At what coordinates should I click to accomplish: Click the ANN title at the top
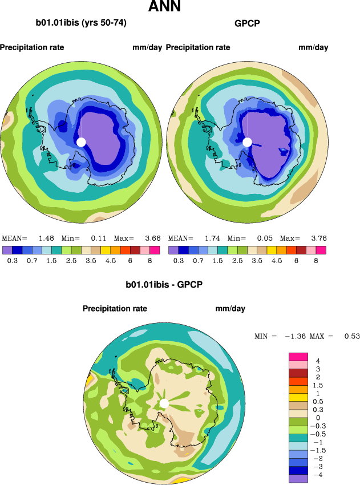click(164, 7)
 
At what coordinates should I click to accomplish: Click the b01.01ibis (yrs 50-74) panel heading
click(81, 23)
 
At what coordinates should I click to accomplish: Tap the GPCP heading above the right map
click(247, 23)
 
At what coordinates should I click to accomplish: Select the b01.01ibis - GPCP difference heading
click(164, 284)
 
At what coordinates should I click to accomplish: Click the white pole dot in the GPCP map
click(247, 142)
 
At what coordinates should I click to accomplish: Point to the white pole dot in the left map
click(81, 142)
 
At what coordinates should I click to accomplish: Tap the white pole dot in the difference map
click(164, 403)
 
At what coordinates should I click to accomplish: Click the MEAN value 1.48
click(46, 238)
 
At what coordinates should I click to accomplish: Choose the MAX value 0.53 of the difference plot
click(351, 337)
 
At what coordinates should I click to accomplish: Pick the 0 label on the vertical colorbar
click(318, 418)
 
